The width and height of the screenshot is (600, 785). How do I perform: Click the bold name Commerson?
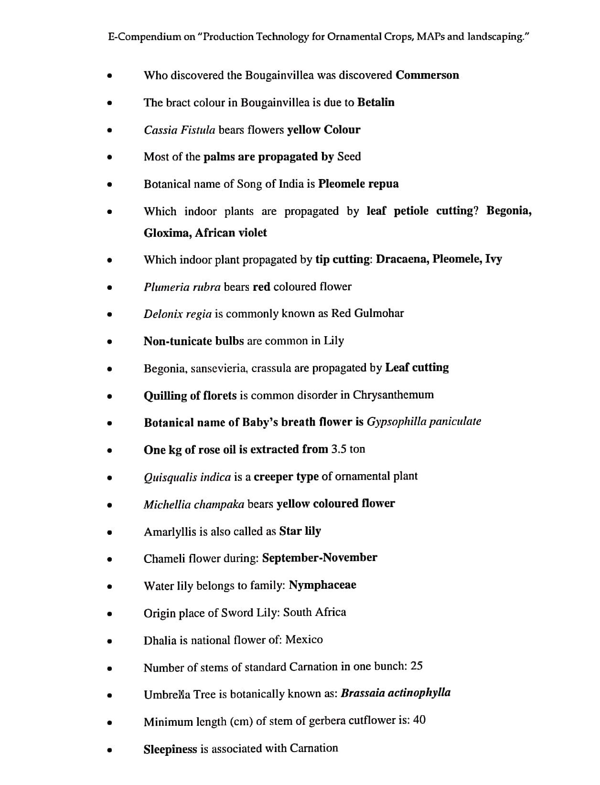427,75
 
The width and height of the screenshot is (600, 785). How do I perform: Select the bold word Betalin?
375,103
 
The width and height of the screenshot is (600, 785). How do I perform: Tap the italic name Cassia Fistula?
179,130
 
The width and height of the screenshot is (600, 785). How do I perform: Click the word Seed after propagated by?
349,157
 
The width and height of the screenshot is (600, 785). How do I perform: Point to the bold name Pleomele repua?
358,184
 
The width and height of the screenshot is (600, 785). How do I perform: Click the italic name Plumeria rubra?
182,287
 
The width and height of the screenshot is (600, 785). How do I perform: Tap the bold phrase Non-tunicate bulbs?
193,341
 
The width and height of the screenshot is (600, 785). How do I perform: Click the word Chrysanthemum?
393,395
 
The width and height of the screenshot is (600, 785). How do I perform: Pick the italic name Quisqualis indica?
187,477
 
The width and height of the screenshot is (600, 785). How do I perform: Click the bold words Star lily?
300,531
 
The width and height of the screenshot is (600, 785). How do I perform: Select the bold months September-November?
320,558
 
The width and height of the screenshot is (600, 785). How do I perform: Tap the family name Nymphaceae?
322,585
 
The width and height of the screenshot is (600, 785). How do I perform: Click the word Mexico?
304,640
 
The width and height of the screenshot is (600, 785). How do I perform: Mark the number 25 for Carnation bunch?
416,666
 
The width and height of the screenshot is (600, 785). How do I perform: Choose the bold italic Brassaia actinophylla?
396,693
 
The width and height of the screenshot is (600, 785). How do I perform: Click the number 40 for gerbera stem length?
419,720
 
